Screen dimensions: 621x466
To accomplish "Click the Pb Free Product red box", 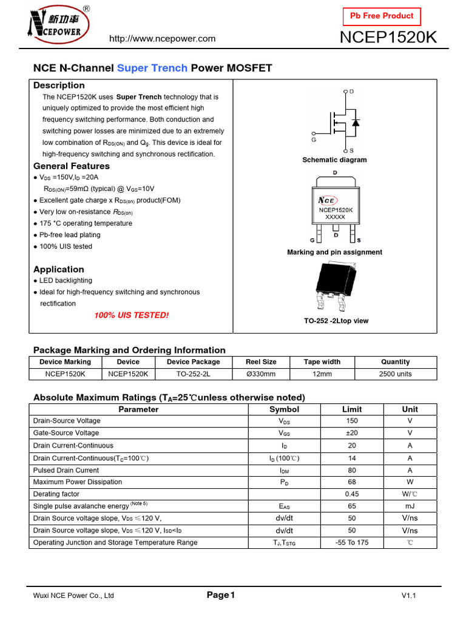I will pyautogui.click(x=382, y=16).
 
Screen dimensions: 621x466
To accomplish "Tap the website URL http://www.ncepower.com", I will pyautogui.click(x=162, y=39).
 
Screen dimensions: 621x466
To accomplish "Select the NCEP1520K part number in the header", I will pyautogui.click(x=388, y=38).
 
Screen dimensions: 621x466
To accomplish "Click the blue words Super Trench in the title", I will pyautogui.click(x=152, y=68).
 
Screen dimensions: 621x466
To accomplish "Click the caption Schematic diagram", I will pyautogui.click(x=334, y=160).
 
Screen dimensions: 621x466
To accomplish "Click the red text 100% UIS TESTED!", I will pyautogui.click(x=131, y=315).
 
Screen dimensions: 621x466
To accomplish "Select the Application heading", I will pyautogui.click(x=59, y=269).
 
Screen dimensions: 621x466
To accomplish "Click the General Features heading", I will pyautogui.click(x=72, y=166).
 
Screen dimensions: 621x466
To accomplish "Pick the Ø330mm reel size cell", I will pyautogui.click(x=261, y=374).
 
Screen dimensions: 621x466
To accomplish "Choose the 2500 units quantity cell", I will pyautogui.click(x=395, y=374).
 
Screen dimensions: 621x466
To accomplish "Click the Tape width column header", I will pyautogui.click(x=322, y=362).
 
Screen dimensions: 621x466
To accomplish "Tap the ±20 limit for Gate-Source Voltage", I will pyautogui.click(x=351, y=433).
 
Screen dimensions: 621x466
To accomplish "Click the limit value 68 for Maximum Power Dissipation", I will pyautogui.click(x=351, y=482).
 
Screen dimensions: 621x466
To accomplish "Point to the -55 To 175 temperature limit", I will pyautogui.click(x=351, y=543).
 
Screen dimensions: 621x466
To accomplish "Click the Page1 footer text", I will pyautogui.click(x=220, y=596).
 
